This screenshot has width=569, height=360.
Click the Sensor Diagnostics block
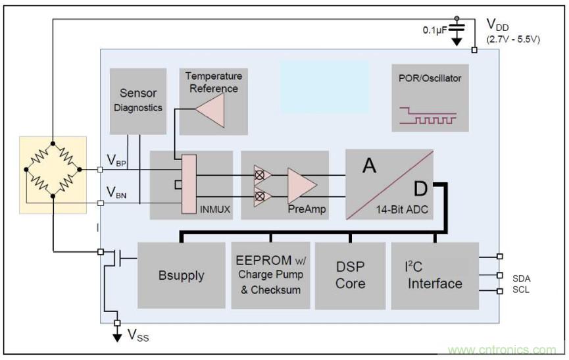pyautogui.click(x=138, y=101)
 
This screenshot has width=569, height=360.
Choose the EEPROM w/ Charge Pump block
pyautogui.click(x=270, y=275)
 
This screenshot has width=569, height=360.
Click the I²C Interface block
pyautogui.click(x=435, y=275)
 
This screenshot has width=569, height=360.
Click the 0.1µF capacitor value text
pyautogui.click(x=435, y=30)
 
